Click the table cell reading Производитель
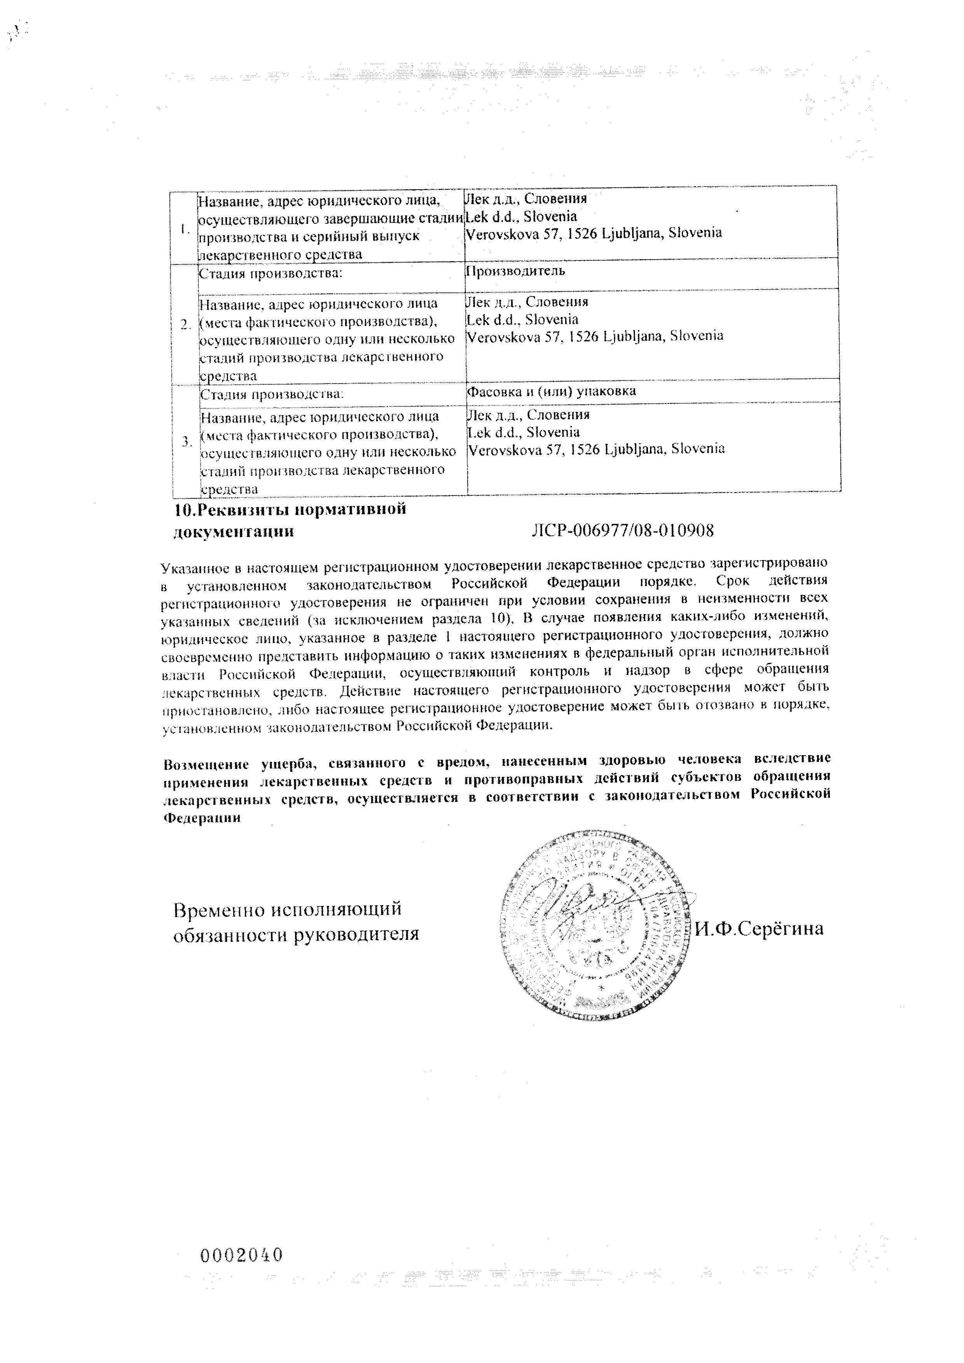click(x=515, y=271)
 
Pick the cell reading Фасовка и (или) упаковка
click(x=552, y=391)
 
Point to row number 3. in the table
click(x=187, y=441)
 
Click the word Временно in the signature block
click(x=218, y=909)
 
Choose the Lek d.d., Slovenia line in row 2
click(x=522, y=319)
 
